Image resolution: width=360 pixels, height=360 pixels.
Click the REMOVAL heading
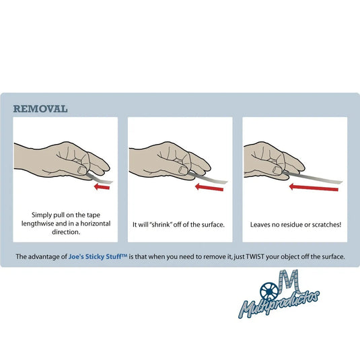(x=40, y=108)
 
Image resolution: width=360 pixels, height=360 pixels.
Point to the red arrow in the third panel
(x=314, y=188)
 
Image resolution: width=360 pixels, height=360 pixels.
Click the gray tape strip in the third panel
(x=323, y=179)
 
